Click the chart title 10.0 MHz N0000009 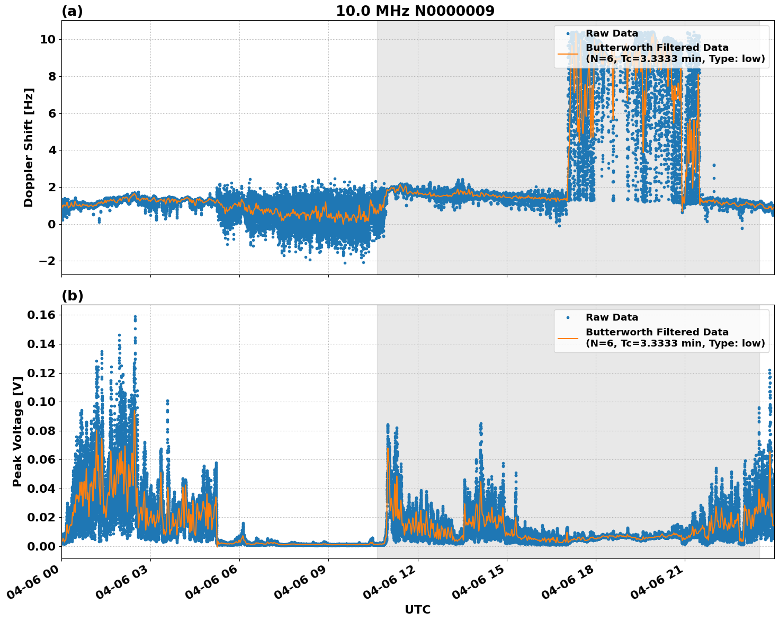tap(415, 11)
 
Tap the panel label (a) tap(72, 11)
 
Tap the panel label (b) tap(72, 296)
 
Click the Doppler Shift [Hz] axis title tap(29, 147)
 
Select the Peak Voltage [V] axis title tap(17, 431)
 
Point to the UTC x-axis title tap(417, 609)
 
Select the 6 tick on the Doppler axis tap(51, 113)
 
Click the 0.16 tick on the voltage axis tap(41, 315)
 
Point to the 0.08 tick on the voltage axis tap(41, 431)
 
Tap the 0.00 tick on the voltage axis tap(41, 546)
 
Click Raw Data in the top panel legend tap(612, 34)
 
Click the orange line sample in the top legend tap(568, 54)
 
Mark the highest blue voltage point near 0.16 tap(135, 317)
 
